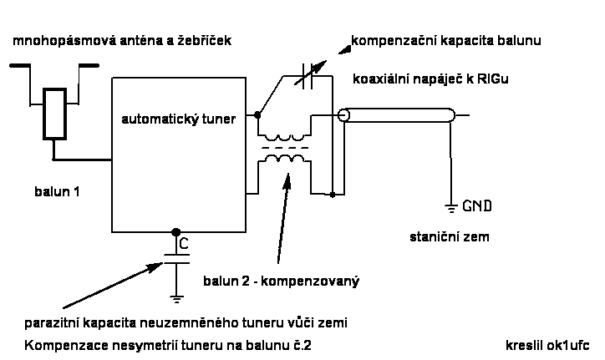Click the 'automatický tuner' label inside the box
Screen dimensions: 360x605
tap(179, 119)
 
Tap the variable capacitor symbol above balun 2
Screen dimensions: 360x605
tap(302, 76)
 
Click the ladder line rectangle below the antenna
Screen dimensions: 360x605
tap(54, 114)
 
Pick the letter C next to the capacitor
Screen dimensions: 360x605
tap(184, 244)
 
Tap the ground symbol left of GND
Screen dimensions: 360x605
tap(451, 207)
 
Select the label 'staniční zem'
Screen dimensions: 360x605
tap(450, 237)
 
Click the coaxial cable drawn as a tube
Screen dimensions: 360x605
tap(397, 116)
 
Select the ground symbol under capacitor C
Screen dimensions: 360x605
tap(175, 294)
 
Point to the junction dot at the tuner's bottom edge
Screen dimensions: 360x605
tap(175, 232)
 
